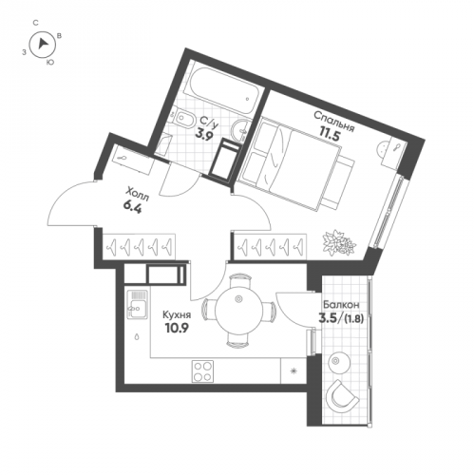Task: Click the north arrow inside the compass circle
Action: (43, 44)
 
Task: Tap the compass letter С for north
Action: (36, 23)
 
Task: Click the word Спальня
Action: (333, 122)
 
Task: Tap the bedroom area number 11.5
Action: (330, 136)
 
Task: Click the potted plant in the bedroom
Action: (339, 241)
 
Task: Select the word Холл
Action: (137, 194)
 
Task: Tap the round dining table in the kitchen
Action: (238, 310)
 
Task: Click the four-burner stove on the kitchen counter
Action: (202, 371)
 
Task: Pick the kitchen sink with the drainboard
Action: (138, 305)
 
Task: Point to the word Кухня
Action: (177, 315)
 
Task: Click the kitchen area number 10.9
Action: (177, 328)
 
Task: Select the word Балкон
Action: (341, 305)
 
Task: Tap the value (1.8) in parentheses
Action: (353, 319)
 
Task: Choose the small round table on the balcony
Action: (339, 362)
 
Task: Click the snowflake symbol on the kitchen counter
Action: (294, 370)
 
